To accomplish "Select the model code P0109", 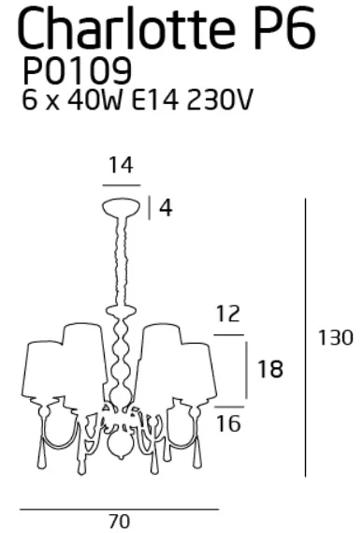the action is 77,70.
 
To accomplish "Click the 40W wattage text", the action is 94,100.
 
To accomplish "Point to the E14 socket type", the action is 155,100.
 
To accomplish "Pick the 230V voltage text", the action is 220,100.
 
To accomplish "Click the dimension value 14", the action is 121,165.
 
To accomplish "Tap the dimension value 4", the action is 166,208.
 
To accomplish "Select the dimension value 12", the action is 228,314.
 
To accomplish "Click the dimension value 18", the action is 270,369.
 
